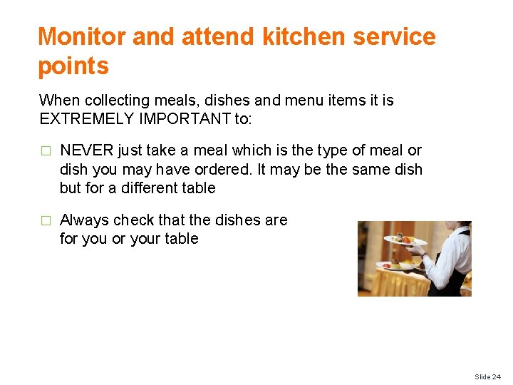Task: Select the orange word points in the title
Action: pos(73,66)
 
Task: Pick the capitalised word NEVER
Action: pos(86,150)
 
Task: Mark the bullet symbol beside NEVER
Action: pos(45,151)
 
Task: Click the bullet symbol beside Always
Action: pos(45,220)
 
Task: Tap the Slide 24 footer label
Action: pos(488,376)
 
